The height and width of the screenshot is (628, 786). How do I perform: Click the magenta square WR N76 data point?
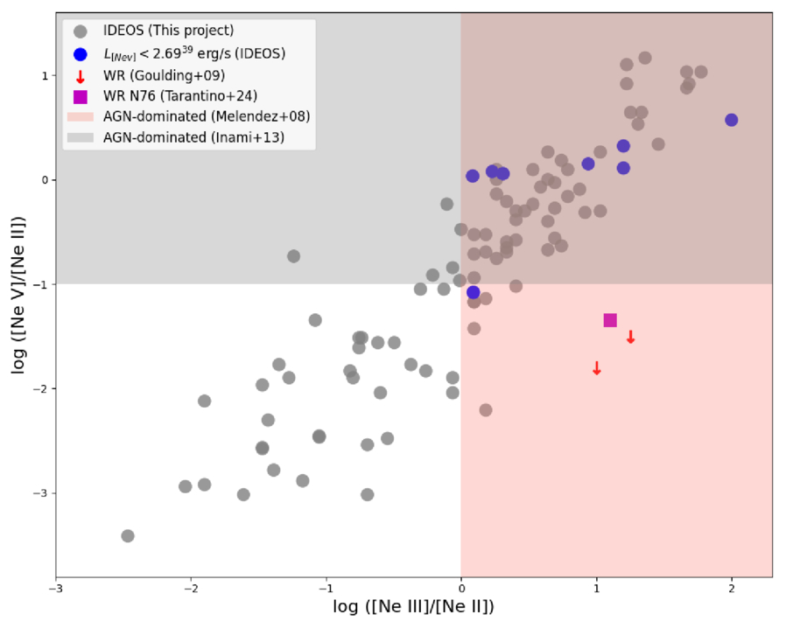coord(610,320)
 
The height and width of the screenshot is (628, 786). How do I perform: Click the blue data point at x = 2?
coord(732,120)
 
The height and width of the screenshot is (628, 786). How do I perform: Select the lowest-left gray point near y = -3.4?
coord(128,535)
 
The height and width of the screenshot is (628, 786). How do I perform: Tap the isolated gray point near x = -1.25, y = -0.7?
coord(294,256)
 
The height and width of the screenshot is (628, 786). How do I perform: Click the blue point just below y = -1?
coord(474,292)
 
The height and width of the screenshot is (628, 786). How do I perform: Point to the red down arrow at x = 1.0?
coord(597,368)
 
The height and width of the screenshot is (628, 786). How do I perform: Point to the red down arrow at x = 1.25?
coord(630,337)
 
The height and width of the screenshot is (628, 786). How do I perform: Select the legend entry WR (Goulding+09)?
coord(161,75)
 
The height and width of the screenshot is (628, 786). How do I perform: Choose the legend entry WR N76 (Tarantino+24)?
coord(180,96)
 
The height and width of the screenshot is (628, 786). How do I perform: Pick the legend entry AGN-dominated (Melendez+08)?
coord(206,116)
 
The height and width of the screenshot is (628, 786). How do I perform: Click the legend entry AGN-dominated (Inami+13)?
coord(193,136)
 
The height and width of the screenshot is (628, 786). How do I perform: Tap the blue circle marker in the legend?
coord(81,53)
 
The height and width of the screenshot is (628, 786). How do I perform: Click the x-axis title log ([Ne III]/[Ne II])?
coord(413,606)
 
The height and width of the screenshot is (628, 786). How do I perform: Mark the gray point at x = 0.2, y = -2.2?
coord(486,409)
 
